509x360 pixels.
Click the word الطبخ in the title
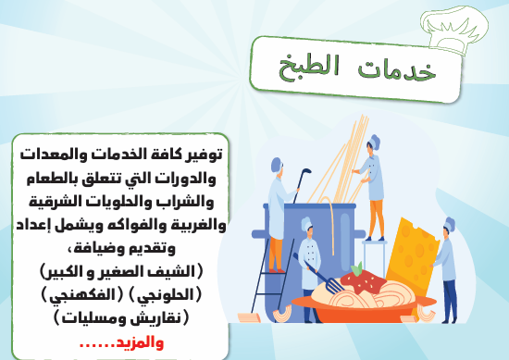[x=309, y=68]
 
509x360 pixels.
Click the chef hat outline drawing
[x=454, y=30]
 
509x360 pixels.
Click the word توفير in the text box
[x=205, y=155]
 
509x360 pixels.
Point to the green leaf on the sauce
[x=357, y=268]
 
